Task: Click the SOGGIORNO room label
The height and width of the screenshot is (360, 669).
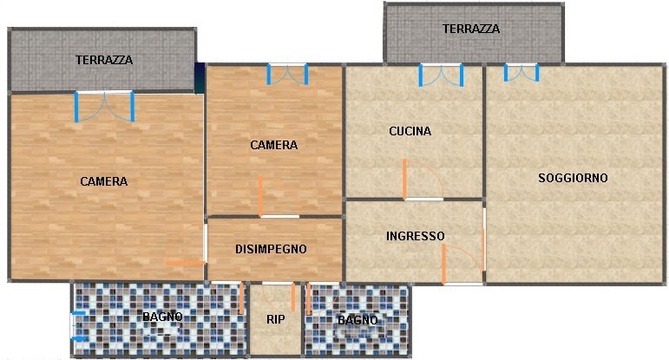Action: pos(573,178)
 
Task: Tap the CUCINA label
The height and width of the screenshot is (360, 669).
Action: pos(410,132)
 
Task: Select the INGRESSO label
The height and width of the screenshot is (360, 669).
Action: pos(416,236)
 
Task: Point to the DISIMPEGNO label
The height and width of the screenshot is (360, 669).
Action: pos(271,249)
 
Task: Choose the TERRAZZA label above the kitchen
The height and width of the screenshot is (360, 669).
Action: pos(471,29)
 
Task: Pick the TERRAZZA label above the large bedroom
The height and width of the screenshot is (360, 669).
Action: pos(104,61)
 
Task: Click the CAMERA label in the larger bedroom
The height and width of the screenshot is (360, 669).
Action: pos(104,182)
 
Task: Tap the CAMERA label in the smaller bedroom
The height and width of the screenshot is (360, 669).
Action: pos(273,145)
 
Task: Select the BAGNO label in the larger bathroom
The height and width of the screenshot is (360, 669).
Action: pos(163,317)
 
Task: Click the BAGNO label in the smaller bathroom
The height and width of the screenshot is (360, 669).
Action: pos(357,321)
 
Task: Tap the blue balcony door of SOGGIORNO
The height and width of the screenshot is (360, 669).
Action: pos(521,73)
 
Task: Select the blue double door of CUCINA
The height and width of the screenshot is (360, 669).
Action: pos(441,75)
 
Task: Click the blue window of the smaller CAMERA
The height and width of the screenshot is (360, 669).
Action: pos(287,74)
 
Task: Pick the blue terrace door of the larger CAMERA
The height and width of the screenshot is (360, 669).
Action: pos(104,106)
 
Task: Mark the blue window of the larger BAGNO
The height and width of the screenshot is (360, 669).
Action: pos(76,325)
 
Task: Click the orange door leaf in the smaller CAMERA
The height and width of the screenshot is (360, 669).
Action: pos(260,196)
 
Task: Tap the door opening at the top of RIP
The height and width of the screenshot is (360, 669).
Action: pos(278,283)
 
